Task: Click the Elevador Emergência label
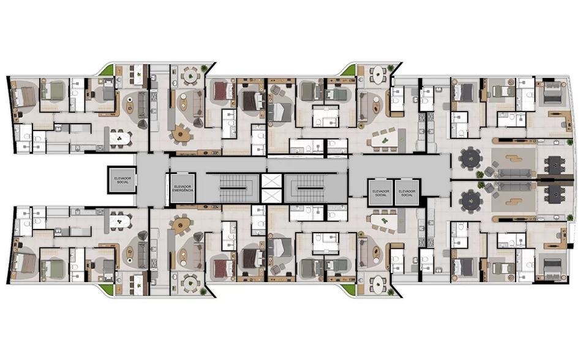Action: point(182,188)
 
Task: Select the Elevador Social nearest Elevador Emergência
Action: point(122,180)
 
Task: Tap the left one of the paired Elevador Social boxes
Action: point(381,192)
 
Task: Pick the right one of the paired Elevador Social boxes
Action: point(407,192)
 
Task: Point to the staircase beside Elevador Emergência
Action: point(238,189)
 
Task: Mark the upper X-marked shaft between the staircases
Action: point(272,181)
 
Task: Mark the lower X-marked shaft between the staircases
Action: point(272,196)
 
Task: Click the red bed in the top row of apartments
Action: point(224,91)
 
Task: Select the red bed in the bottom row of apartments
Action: point(224,269)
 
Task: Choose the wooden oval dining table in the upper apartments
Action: point(181,133)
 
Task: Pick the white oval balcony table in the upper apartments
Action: point(378,76)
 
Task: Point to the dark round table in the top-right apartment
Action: point(470,159)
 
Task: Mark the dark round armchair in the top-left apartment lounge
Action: point(143,124)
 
